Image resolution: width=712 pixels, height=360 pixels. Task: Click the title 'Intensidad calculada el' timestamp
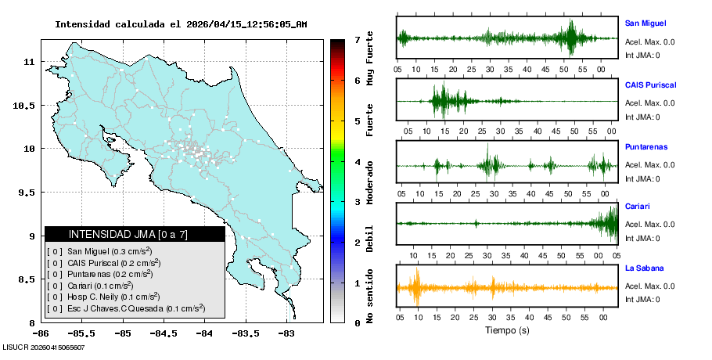click(x=181, y=24)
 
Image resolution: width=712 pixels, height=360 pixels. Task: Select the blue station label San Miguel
click(x=645, y=23)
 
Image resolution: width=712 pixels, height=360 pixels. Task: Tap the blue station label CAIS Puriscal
click(x=650, y=85)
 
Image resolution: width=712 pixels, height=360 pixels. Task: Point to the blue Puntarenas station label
click(x=646, y=146)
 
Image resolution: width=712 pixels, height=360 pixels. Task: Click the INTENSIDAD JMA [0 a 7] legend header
click(x=135, y=234)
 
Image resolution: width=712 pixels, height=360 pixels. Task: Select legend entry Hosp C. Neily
click(x=110, y=297)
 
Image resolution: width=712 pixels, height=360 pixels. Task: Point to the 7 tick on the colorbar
click(x=356, y=39)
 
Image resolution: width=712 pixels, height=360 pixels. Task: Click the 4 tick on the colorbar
click(x=356, y=162)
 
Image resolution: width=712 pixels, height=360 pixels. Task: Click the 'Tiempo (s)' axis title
click(x=506, y=329)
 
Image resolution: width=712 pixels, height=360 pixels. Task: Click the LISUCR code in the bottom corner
click(x=43, y=347)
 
